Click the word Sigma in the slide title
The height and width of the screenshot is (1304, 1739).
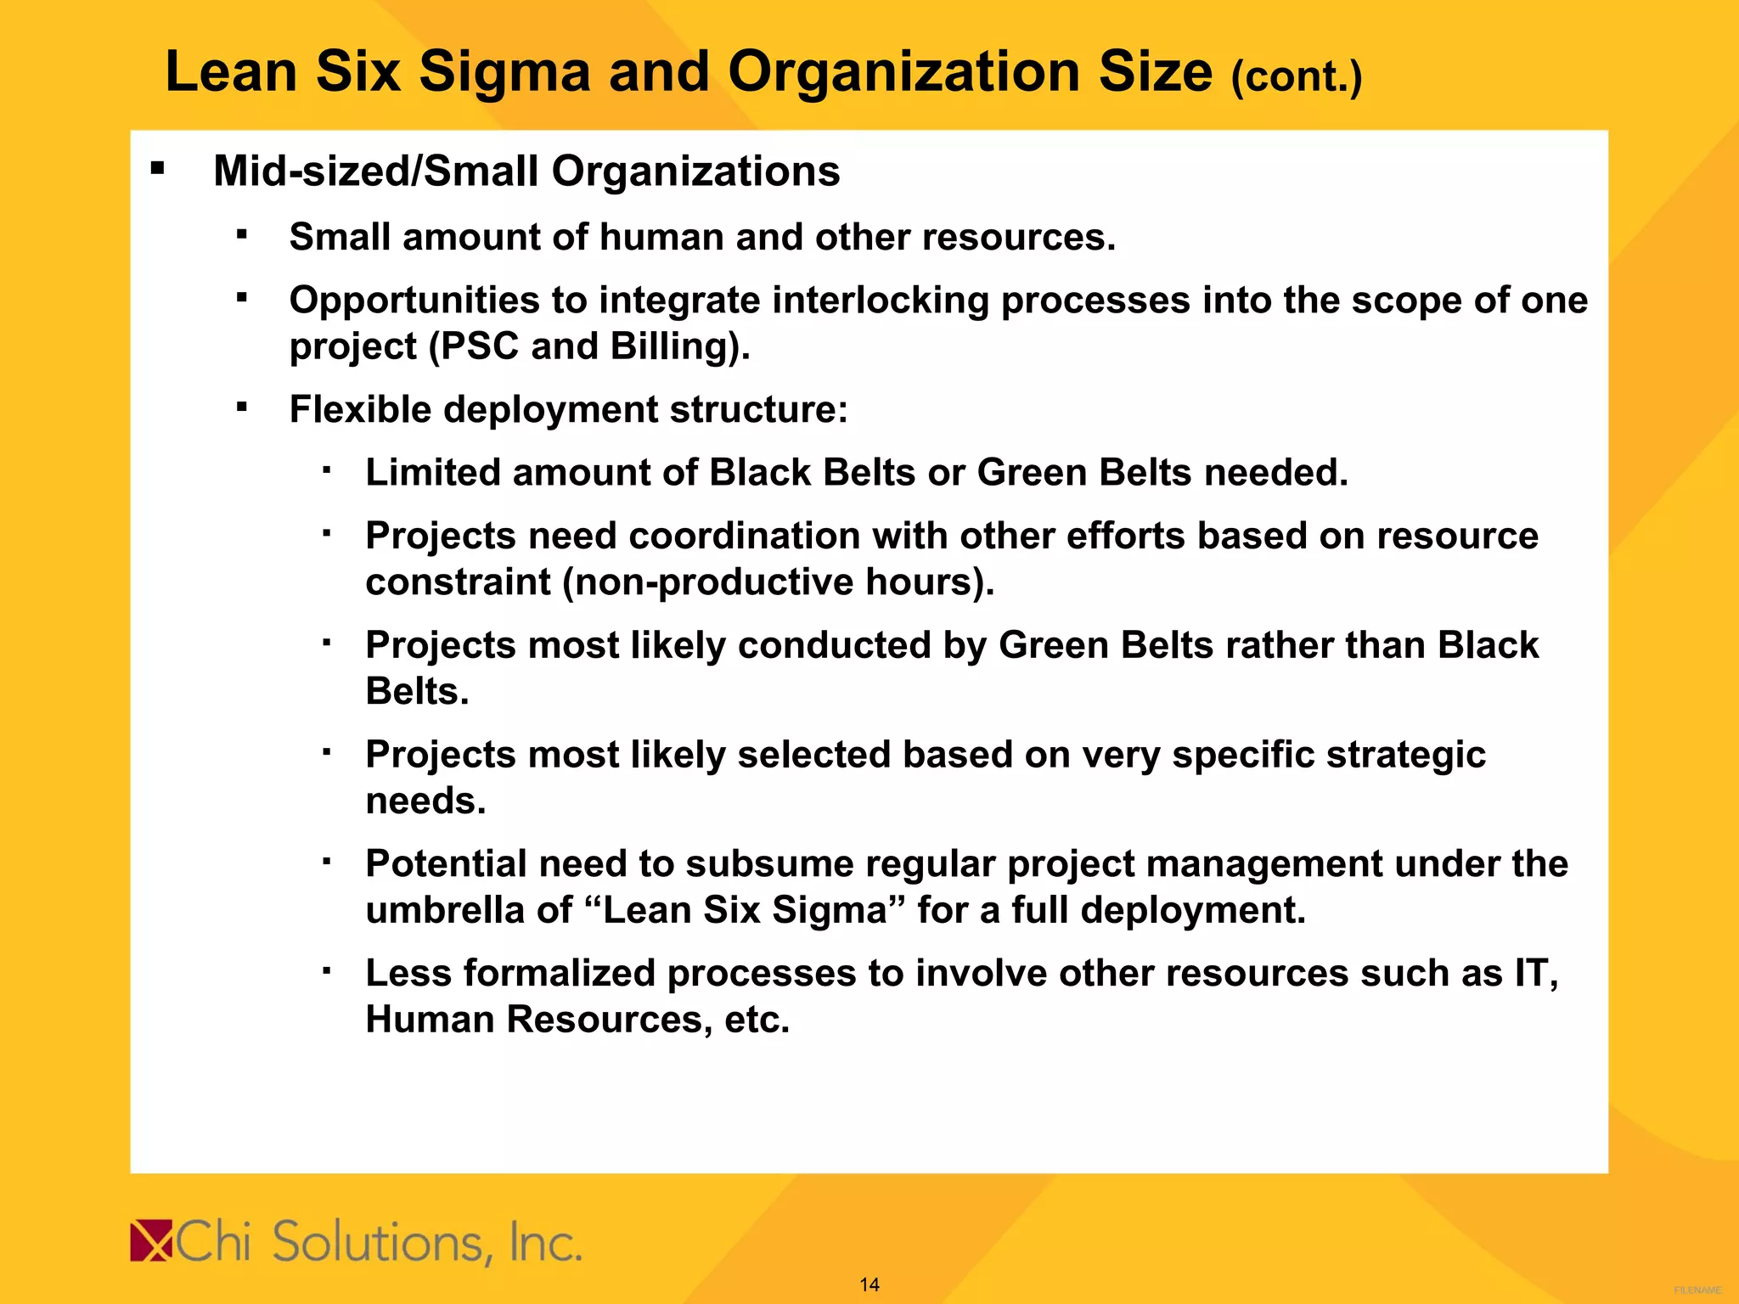(504, 72)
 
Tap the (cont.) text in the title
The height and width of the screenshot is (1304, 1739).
(1296, 77)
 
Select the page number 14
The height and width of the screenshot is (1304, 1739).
(869, 1284)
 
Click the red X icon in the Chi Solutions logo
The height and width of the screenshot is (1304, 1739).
(151, 1241)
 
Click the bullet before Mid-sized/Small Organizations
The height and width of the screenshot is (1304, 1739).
(157, 168)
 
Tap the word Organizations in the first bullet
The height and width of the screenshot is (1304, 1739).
(695, 171)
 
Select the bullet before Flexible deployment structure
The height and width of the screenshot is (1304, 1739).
(242, 407)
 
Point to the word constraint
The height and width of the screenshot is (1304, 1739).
(458, 582)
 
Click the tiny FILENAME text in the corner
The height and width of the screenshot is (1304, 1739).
(1697, 1290)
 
